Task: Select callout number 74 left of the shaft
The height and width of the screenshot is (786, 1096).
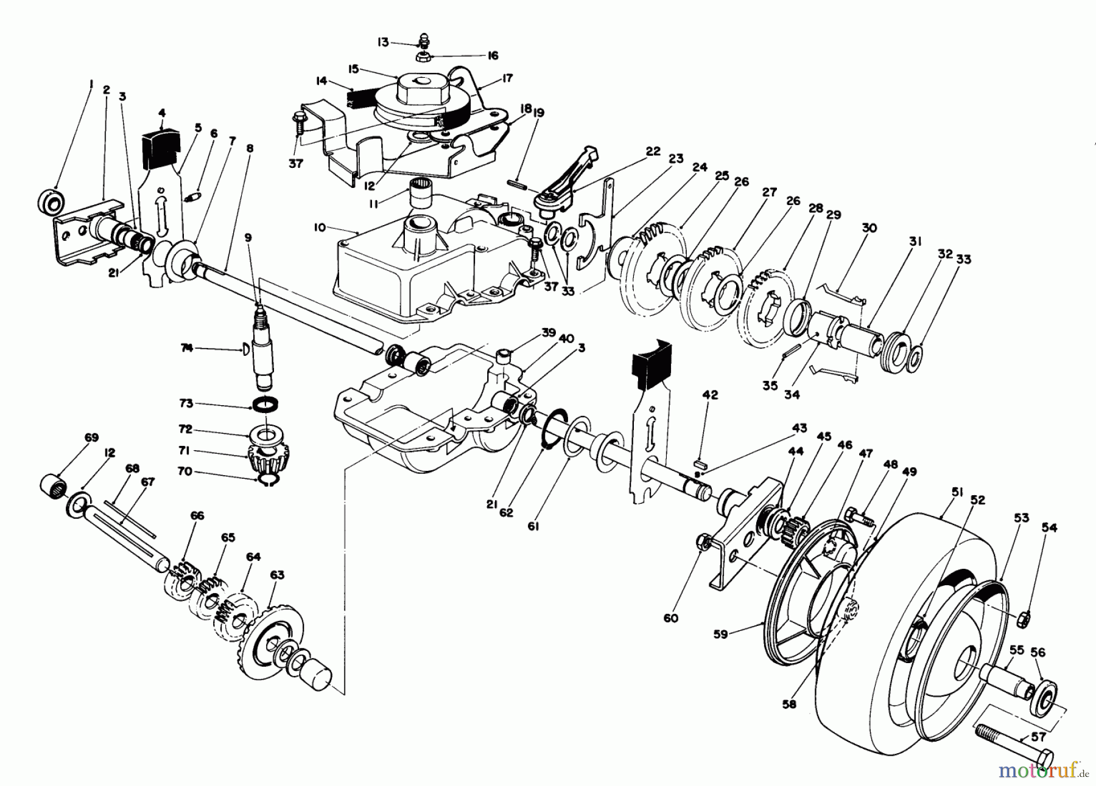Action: pyautogui.click(x=187, y=348)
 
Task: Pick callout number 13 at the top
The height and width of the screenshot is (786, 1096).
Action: pyautogui.click(x=382, y=42)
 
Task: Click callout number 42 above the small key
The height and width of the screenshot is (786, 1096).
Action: pyautogui.click(x=709, y=394)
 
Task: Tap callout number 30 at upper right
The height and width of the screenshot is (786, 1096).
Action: pyautogui.click(x=869, y=228)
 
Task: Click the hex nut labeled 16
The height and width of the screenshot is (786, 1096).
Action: pyautogui.click(x=421, y=58)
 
